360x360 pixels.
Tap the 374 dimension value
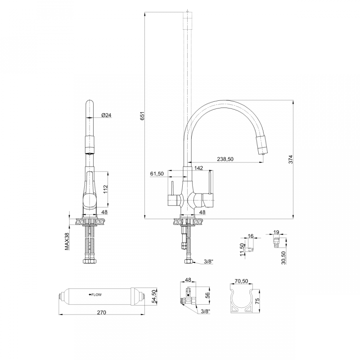pyautogui.click(x=291, y=159)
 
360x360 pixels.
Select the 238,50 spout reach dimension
pyautogui.click(x=225, y=159)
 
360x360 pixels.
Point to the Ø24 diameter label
pyautogui.click(x=106, y=115)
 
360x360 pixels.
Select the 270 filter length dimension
pyautogui.click(x=101, y=313)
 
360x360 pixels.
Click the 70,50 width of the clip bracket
pyautogui.click(x=242, y=281)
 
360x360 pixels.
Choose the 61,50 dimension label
pyautogui.click(x=157, y=173)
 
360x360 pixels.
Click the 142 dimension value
pyautogui.click(x=198, y=168)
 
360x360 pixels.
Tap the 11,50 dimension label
pyautogui.click(x=242, y=249)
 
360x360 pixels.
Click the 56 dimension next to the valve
pyautogui.click(x=207, y=295)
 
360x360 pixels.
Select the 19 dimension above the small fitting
pyautogui.click(x=276, y=233)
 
